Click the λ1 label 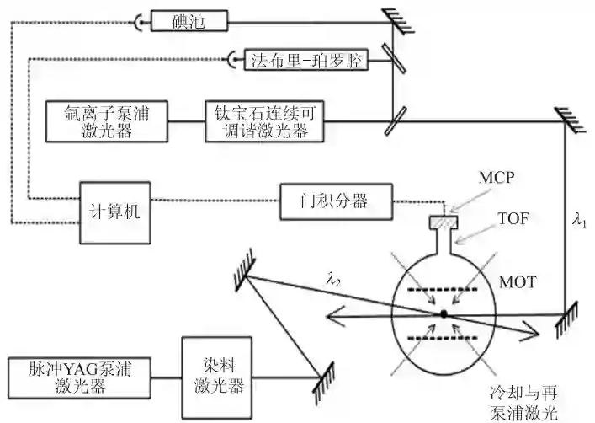[579, 221]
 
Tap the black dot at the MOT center [444, 315]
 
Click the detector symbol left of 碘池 [139, 21]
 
